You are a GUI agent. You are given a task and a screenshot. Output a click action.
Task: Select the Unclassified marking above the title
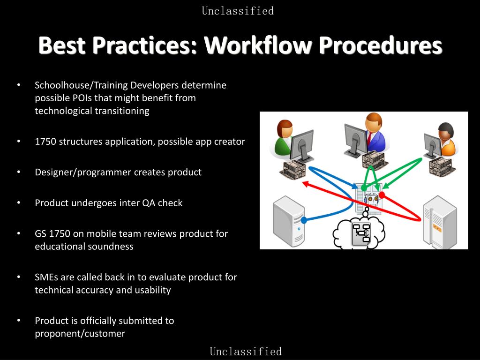pos(238,11)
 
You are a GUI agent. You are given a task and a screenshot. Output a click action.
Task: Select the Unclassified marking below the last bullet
pos(246,352)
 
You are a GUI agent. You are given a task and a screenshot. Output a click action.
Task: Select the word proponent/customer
pos(80,334)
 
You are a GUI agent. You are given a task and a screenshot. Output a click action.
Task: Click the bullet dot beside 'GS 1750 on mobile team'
pos(19,233)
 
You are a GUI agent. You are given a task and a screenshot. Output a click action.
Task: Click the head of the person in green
pos(285,129)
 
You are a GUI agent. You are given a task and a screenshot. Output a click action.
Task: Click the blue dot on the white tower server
pos(304,220)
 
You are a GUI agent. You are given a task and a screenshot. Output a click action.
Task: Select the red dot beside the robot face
pos(382,195)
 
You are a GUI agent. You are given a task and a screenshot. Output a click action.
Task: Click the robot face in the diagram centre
pos(371,199)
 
